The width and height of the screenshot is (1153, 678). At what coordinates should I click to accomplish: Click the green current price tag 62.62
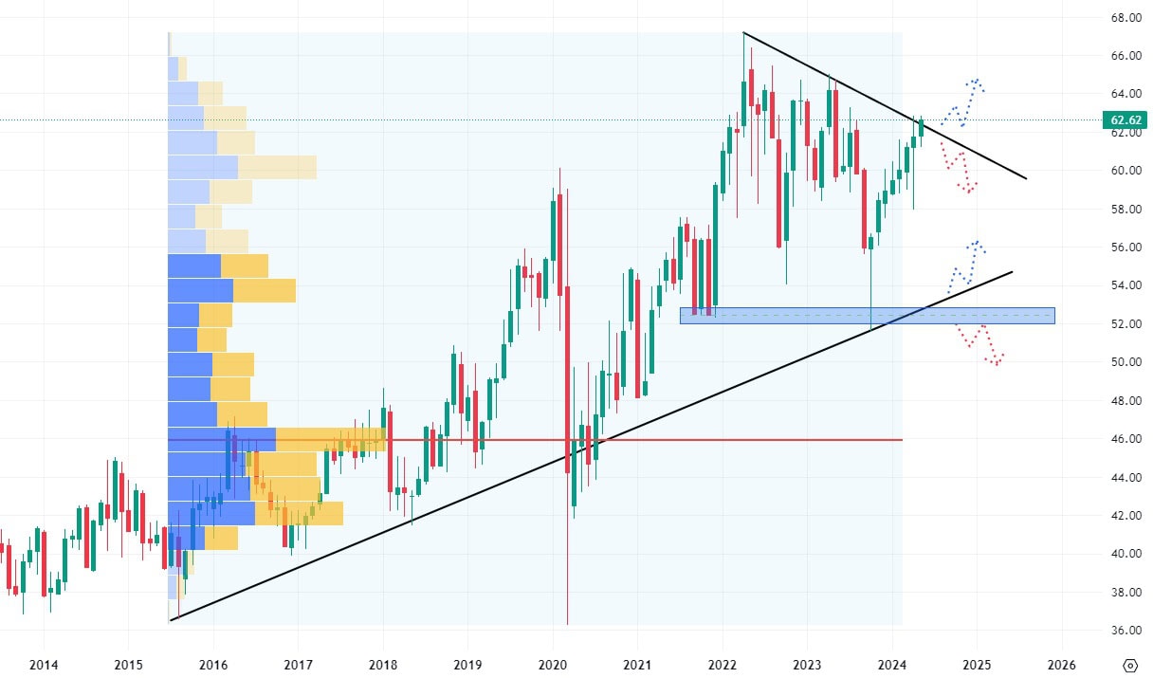(x=1125, y=120)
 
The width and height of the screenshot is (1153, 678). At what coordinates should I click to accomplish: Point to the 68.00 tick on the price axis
(x=1126, y=18)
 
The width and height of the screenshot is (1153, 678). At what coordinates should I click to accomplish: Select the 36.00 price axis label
(x=1126, y=631)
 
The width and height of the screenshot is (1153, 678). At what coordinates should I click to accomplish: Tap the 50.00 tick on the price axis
(x=1126, y=362)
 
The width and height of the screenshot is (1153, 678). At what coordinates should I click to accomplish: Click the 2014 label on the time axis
(x=44, y=664)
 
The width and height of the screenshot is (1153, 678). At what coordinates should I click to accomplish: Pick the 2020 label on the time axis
(x=553, y=664)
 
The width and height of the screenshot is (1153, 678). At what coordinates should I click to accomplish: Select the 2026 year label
(x=1061, y=664)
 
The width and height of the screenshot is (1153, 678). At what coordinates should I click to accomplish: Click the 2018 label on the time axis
(x=383, y=664)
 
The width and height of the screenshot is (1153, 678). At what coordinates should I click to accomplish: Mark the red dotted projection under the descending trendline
(x=960, y=171)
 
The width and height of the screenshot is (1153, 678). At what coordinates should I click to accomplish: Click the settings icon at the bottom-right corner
(x=1129, y=664)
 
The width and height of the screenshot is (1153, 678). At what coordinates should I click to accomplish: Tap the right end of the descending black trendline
(x=1026, y=178)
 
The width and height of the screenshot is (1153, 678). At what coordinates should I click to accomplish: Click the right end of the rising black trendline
(x=1012, y=272)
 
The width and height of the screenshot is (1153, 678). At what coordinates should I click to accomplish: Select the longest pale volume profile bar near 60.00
(x=242, y=167)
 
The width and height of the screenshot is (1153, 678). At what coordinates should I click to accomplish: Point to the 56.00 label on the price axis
(x=1126, y=247)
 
